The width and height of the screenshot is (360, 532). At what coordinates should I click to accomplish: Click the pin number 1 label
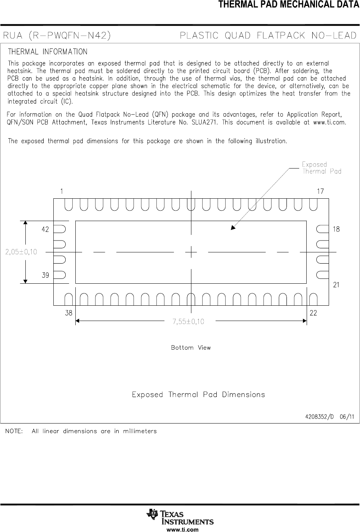coord(62,191)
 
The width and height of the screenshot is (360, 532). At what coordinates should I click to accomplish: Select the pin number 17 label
coord(320,191)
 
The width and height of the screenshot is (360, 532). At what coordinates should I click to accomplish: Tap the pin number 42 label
coord(45,230)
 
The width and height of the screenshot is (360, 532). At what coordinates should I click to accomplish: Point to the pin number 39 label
coord(45,275)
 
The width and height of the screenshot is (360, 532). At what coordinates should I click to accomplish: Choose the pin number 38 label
coord(69,313)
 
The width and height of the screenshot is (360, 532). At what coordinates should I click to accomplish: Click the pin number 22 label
coord(313,313)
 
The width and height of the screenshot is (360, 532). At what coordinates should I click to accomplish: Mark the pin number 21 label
coord(336,285)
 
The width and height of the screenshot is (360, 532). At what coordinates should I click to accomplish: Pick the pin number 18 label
coord(336,229)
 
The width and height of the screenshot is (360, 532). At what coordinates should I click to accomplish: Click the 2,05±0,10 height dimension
coord(21,252)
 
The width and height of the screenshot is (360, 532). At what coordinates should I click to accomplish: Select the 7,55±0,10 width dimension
coord(188,321)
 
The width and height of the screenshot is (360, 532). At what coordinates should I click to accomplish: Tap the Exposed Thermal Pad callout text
coord(322,168)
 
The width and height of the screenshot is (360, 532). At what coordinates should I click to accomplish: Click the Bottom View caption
coord(191,347)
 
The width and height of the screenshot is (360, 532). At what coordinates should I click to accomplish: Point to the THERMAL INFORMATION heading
coord(48,51)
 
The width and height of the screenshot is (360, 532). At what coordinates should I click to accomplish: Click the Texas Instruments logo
coord(180,517)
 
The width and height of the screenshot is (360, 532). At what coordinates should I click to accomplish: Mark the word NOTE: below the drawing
coord(13,431)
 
